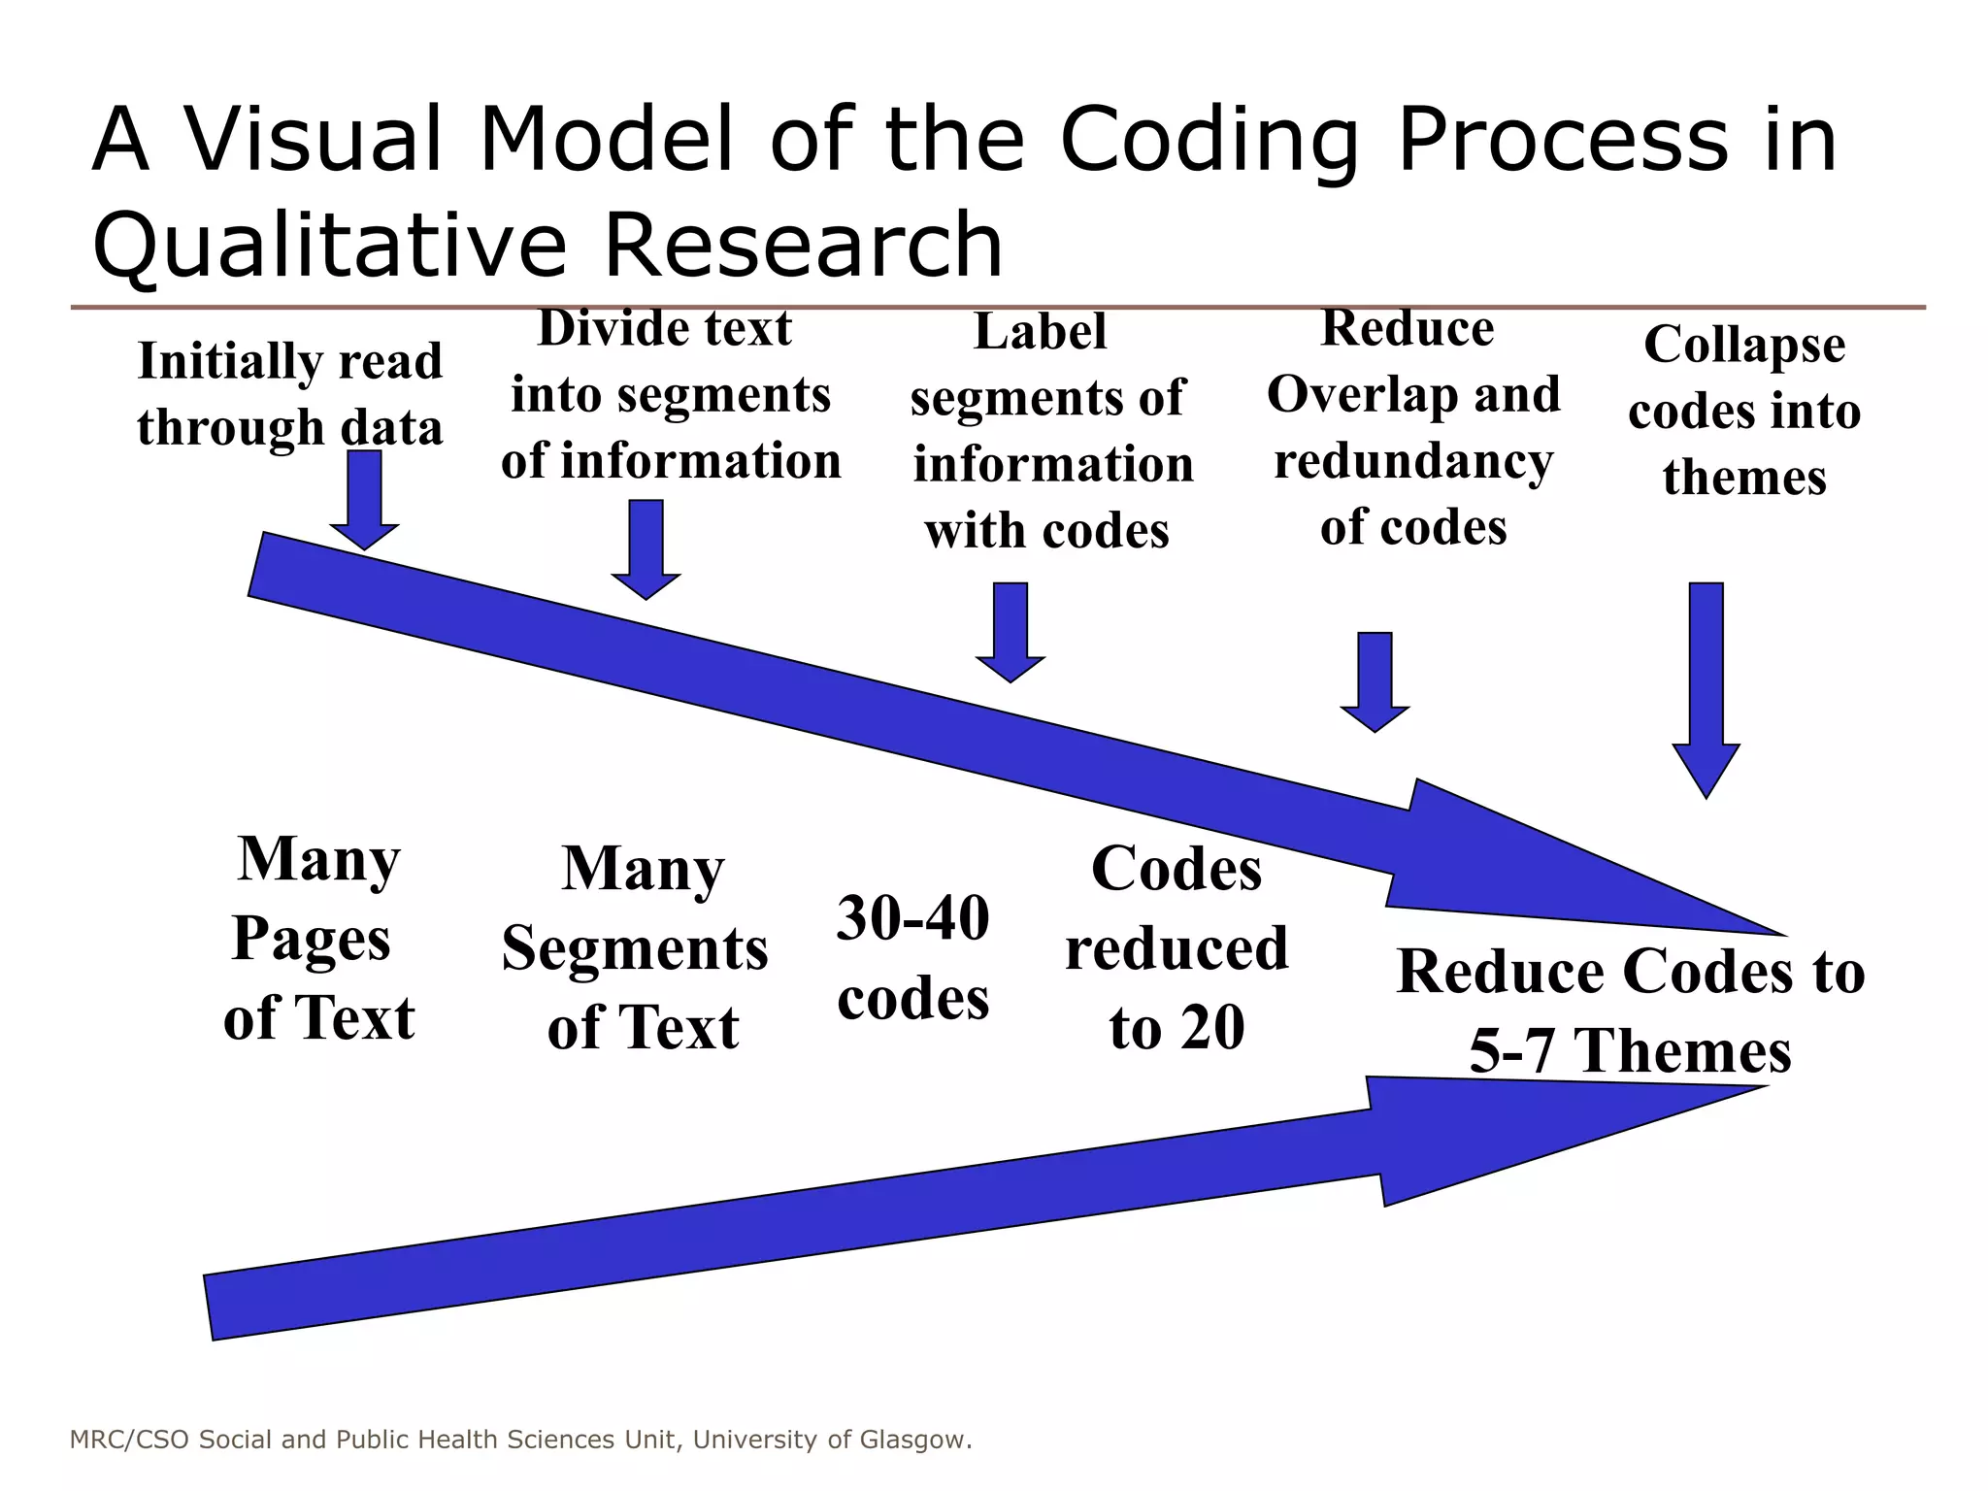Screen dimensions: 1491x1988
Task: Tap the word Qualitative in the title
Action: tap(329, 245)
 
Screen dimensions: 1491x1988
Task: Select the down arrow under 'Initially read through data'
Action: tap(364, 500)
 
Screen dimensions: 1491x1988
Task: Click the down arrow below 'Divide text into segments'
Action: tap(646, 548)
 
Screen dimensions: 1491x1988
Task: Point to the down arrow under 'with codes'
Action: tap(1011, 631)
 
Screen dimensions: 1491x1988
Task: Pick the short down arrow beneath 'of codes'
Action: tap(1375, 680)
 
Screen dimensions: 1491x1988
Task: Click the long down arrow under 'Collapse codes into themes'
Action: tap(1706, 689)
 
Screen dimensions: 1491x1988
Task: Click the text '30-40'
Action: tap(912, 918)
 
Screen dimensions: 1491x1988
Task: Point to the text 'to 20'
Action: tap(1176, 1028)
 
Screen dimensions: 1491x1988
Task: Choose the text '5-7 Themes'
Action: tap(1630, 1051)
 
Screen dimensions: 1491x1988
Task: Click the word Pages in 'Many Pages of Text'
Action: tap(312, 940)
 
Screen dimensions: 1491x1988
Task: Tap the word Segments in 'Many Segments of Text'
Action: tap(635, 948)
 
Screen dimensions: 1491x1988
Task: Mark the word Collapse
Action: tap(1744, 345)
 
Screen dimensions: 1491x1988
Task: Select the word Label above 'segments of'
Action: tap(1040, 331)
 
